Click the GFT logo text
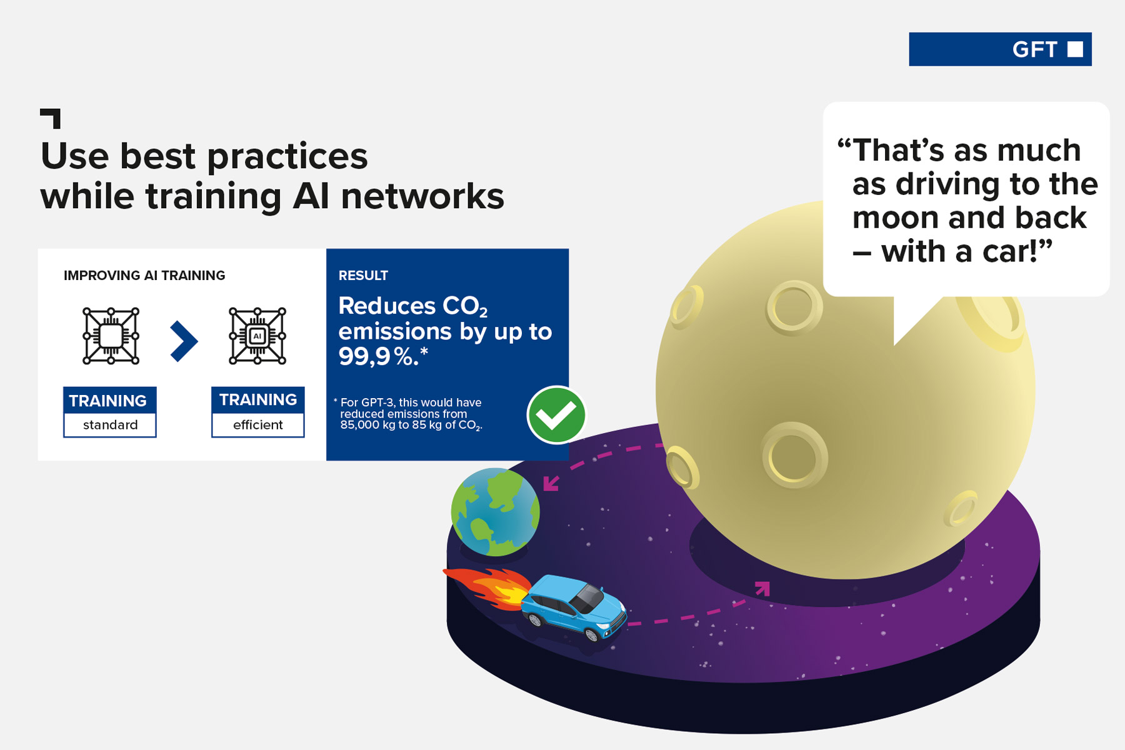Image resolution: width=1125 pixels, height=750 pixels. click(x=1034, y=49)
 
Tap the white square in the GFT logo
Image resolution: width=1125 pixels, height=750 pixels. click(x=1075, y=49)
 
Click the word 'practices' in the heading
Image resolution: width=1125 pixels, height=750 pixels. click(x=287, y=157)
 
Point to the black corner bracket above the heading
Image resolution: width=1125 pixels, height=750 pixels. click(x=51, y=118)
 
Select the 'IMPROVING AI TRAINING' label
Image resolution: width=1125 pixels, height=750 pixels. click(x=144, y=276)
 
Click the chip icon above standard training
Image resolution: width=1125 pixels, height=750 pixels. click(x=111, y=336)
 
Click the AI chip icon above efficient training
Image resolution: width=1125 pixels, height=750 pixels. click(x=257, y=336)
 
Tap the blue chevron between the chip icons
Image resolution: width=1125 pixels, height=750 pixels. click(x=184, y=341)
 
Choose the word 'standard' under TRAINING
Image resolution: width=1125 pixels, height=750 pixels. click(x=110, y=425)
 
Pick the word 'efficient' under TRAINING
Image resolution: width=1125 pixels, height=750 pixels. click(x=258, y=425)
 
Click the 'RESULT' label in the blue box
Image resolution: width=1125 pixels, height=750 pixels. click(x=363, y=276)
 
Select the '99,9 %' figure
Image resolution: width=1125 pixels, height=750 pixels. click(x=378, y=357)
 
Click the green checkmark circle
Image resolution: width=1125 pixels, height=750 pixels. click(x=556, y=415)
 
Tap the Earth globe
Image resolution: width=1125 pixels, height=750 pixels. click(x=496, y=512)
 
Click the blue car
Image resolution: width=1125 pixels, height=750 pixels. click(x=574, y=607)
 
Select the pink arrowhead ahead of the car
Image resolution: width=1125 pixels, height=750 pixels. click(x=762, y=589)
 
